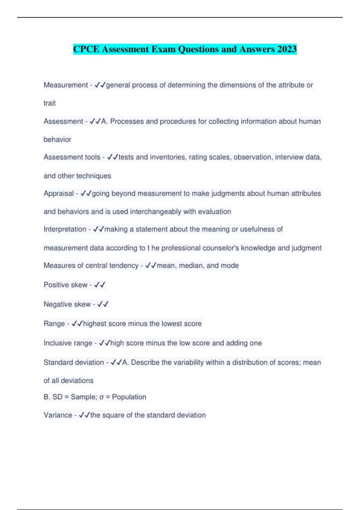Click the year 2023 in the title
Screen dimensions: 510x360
tap(287, 49)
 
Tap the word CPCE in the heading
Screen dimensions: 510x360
tap(86, 49)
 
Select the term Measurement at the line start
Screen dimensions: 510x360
tap(66, 85)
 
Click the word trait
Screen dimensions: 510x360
tap(49, 103)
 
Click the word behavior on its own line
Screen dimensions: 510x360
tap(57, 139)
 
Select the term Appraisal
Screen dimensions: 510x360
tap(58, 193)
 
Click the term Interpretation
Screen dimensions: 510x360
tap(65, 229)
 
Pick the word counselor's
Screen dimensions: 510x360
tap(220, 248)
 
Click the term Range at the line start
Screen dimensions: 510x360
tap(54, 324)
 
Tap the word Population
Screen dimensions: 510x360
tap(129, 397)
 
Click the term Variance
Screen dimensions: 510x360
tap(58, 415)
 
